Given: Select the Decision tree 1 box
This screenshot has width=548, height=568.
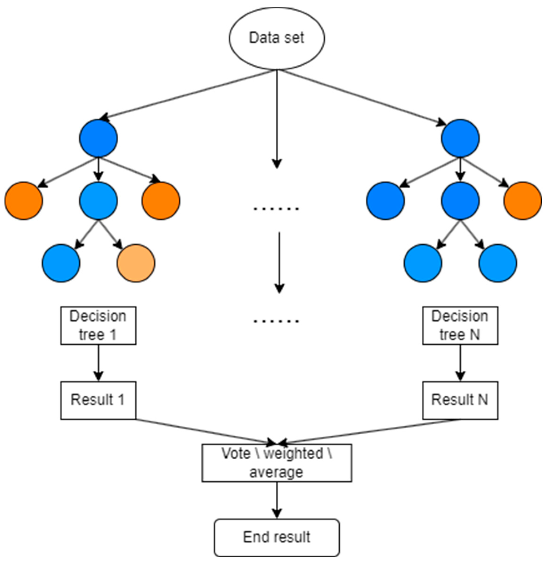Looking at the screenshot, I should [x=98, y=325].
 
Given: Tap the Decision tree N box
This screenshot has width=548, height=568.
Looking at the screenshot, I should [x=460, y=325].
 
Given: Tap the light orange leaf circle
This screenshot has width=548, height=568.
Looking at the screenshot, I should [x=136, y=263].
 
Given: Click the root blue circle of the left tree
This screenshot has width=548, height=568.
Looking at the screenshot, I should [x=98, y=138].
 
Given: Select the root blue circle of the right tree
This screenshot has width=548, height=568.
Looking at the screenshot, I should [x=460, y=138].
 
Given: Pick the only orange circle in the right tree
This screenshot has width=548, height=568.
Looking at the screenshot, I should [x=522, y=200].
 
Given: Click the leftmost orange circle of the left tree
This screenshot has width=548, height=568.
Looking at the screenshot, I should [x=24, y=200].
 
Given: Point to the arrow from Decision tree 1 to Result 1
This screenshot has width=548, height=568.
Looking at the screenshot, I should [x=98, y=362].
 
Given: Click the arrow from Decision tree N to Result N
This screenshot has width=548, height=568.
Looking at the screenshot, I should [x=460, y=362].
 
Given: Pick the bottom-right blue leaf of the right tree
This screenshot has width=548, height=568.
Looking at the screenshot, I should [x=497, y=263].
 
